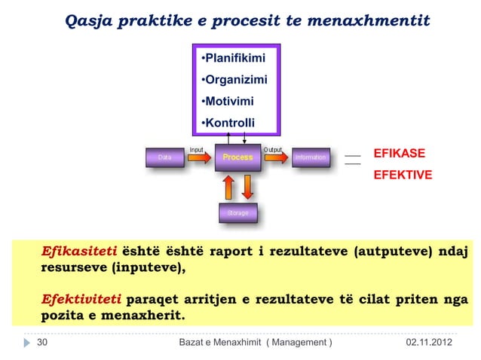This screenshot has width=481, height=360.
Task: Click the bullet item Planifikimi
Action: [229, 58]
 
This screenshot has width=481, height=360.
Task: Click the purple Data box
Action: [164, 157]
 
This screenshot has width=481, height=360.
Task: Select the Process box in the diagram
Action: [237, 157]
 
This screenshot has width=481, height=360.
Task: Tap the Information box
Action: [310, 157]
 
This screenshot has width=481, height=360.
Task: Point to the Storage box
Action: [237, 214]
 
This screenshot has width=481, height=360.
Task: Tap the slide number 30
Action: [42, 343]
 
